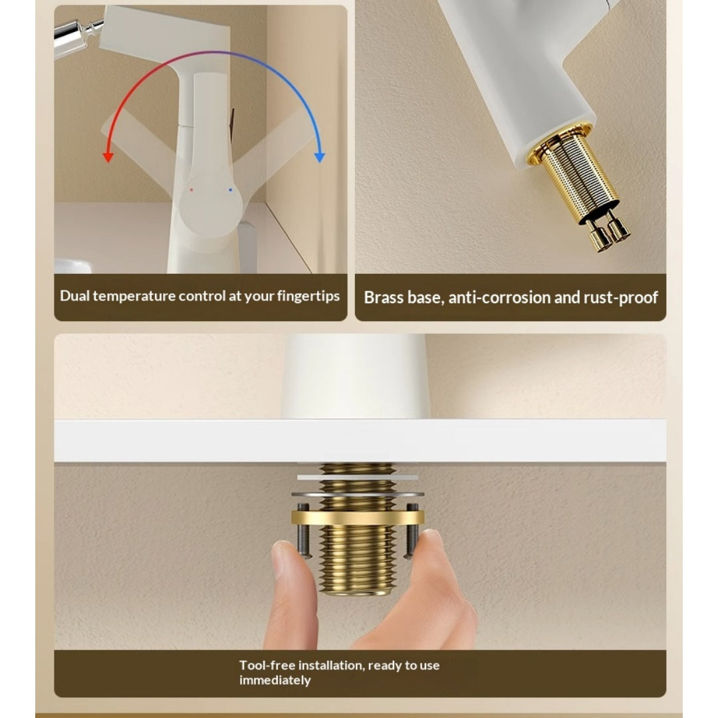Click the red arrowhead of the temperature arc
coord(108,157)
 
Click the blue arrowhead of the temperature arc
coord(320,157)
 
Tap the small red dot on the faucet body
coord(191,189)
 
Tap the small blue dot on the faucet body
coord(230,189)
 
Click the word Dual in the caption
coord(74,296)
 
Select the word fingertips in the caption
coord(308,297)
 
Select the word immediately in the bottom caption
coord(275,681)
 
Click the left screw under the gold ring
coord(304,531)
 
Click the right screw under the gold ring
coord(412,531)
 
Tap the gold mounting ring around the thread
coord(358,517)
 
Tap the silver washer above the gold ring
coord(358,494)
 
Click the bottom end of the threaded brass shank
coord(358,592)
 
